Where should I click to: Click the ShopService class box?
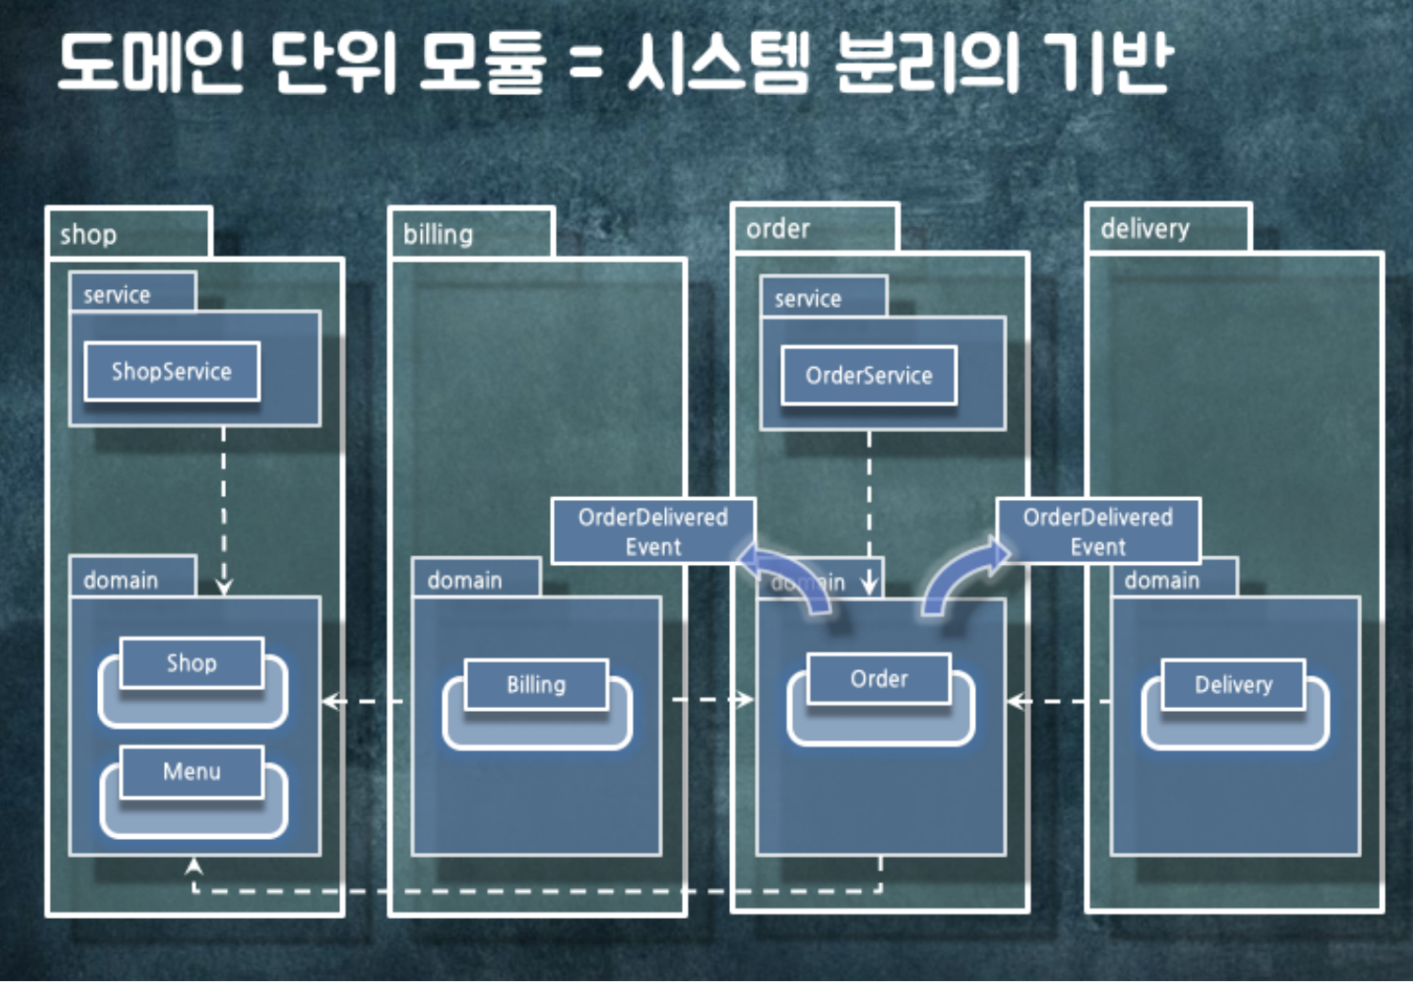point(171,371)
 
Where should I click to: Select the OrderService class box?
point(869,375)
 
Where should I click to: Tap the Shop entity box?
point(191,663)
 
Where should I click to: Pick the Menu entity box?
point(191,772)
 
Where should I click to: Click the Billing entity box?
point(536,685)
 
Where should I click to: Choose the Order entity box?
point(879,679)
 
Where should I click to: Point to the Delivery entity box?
point(1233,685)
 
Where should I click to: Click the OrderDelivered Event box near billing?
point(653,532)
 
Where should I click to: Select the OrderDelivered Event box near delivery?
point(1097,532)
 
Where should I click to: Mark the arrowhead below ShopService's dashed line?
point(224,587)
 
